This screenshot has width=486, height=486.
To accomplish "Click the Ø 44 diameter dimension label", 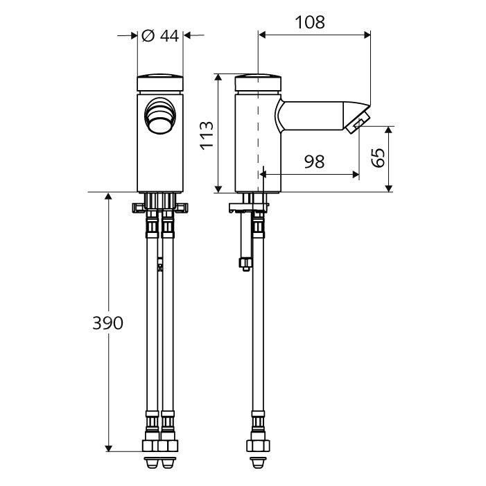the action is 160,36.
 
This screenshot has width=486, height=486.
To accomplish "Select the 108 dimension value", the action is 310,22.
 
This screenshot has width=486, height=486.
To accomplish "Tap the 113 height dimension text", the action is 207,135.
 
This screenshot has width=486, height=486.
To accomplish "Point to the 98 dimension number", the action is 314,162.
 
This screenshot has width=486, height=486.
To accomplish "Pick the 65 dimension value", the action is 379,157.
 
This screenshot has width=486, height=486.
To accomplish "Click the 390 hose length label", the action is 107,323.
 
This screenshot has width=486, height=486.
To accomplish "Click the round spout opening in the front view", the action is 160,115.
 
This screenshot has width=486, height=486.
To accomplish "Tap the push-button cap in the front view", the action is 160,83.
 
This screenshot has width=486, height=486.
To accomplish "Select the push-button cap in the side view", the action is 258,83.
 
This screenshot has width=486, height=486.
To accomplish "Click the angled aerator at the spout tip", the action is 358,122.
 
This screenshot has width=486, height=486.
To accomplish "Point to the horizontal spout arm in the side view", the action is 313,115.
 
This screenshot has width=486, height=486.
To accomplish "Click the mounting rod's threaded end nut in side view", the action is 246,263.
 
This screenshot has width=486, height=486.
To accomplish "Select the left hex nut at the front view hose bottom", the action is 151,446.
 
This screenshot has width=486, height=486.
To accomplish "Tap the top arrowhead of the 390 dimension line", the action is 108,196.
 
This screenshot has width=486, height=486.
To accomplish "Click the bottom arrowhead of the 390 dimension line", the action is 108,448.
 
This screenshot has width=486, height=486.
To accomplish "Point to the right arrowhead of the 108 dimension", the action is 367,35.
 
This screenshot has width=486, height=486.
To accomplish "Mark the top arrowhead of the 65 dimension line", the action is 388,130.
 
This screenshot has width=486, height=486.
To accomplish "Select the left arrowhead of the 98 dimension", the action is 263,175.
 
